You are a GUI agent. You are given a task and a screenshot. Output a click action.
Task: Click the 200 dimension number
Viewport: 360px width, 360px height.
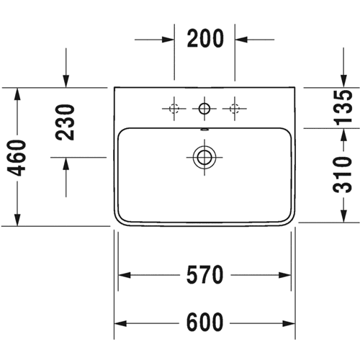tap(205, 38)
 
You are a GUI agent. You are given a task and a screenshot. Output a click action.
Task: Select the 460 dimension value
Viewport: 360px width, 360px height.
tap(17, 158)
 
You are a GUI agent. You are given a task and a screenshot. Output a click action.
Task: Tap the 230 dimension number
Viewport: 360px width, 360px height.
tap(65, 122)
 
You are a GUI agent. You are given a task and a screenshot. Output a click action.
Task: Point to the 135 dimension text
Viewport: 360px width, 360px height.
tap(343, 108)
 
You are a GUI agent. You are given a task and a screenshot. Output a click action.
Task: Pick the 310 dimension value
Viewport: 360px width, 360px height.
tap(343, 174)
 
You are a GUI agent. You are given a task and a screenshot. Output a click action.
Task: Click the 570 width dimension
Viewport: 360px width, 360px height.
tap(204, 275)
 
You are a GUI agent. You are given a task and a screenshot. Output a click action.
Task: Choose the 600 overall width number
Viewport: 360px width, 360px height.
tap(204, 323)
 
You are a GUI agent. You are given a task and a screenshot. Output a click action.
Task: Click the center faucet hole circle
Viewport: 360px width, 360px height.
tap(204, 109)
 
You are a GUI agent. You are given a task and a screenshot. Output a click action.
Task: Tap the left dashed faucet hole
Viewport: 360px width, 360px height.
tap(174, 109)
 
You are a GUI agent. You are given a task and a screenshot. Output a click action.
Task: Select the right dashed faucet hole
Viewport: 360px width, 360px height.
tap(235, 109)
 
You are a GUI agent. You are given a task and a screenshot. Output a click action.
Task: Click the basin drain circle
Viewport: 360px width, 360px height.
tap(204, 158)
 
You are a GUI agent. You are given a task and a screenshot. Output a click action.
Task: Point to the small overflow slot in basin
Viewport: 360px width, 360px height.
tap(204, 130)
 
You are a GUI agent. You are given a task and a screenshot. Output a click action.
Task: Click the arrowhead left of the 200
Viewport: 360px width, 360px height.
tap(168, 40)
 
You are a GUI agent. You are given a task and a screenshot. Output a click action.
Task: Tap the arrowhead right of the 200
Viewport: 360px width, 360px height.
tap(241, 40)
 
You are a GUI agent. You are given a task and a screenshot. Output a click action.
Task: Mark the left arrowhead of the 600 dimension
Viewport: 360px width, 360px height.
tap(120, 323)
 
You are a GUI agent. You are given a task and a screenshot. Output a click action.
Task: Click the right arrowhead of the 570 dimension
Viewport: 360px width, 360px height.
tap(285, 275)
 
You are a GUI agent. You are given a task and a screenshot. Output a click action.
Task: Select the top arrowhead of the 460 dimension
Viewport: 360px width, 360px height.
tap(17, 94)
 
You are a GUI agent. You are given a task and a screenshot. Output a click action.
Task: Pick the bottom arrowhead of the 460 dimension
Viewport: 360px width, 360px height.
tap(17, 220)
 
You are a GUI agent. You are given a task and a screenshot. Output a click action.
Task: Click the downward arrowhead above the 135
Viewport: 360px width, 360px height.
tap(343, 81)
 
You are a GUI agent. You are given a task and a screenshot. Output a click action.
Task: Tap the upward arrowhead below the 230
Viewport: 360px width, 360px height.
tap(66, 164)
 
